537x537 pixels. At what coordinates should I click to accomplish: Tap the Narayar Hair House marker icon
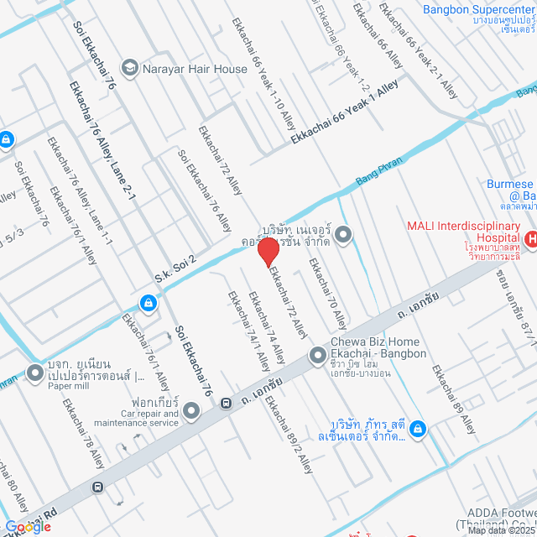pyautogui.click(x=130, y=67)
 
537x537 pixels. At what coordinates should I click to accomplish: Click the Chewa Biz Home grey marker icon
pyautogui.click(x=318, y=357)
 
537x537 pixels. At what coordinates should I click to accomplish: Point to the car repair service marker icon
pyautogui.click(x=192, y=411)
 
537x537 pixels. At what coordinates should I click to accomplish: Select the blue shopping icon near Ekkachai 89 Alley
pyautogui.click(x=420, y=430)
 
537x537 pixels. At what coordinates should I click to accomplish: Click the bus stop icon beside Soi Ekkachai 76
pyautogui.click(x=226, y=404)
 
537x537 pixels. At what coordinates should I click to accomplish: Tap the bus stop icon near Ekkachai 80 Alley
pyautogui.click(x=99, y=486)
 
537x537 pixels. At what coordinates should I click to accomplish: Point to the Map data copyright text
pyautogui.click(x=501, y=529)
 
